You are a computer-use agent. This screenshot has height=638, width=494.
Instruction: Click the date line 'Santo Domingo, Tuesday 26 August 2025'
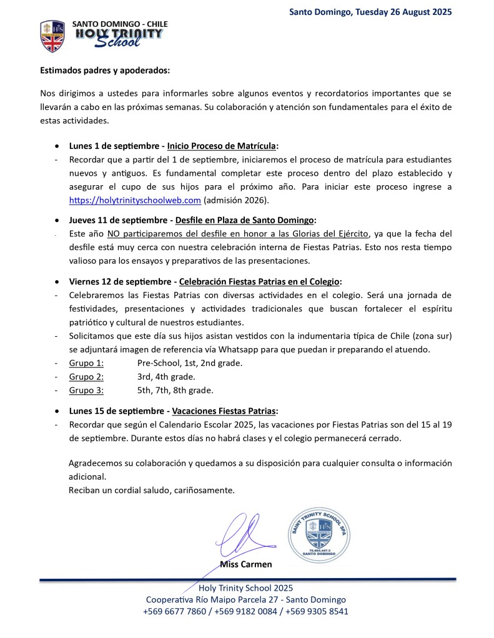[x=370, y=11]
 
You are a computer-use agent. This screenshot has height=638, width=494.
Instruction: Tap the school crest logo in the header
[x=52, y=36]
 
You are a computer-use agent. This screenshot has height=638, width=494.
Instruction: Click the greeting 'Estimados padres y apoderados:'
[x=105, y=70]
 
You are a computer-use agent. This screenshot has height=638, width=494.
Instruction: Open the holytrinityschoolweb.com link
[x=135, y=200]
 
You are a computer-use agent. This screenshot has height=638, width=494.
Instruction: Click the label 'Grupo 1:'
[x=86, y=362]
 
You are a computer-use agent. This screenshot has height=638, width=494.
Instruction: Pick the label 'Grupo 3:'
[x=86, y=390]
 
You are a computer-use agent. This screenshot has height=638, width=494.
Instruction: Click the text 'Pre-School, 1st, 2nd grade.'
[x=190, y=362]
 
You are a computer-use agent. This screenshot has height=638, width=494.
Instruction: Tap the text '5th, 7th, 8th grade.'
[x=175, y=390]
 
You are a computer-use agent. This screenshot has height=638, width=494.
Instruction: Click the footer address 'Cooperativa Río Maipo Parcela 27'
[x=212, y=599]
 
